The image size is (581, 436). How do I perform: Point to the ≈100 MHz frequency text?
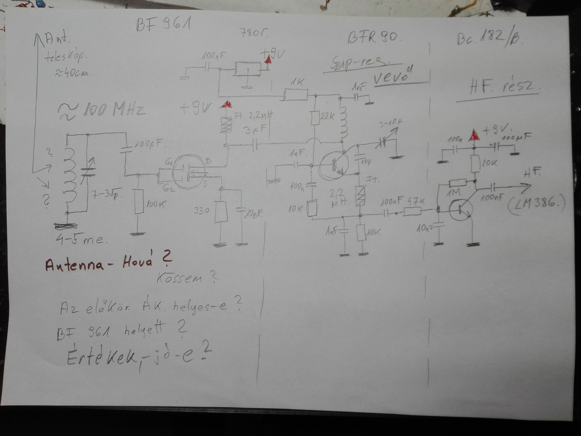pos(101,110)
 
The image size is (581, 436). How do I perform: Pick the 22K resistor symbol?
pos(315,117)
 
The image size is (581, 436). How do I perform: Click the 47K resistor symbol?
pos(412,211)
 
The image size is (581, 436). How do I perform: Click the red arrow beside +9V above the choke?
pos(226,105)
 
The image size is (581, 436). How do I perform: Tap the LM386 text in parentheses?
pos(537,205)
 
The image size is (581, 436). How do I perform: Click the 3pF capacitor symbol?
pos(255,146)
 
